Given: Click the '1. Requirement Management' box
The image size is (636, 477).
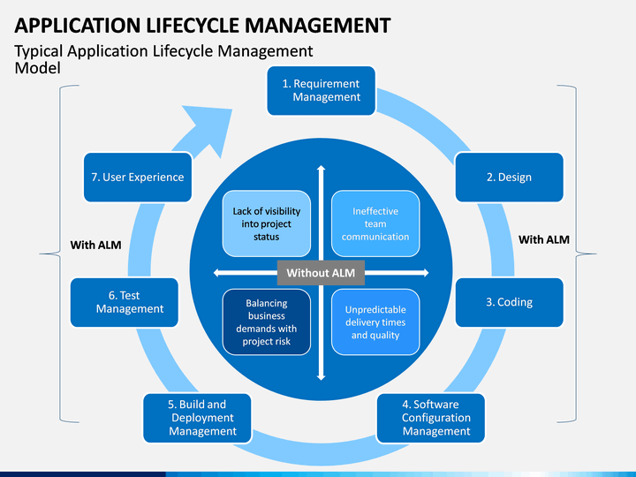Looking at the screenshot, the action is [322, 91].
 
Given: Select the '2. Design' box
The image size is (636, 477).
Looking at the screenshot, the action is [509, 178].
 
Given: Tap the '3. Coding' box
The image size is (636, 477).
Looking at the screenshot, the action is [509, 302].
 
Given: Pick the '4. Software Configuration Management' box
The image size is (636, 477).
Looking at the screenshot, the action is [431, 418].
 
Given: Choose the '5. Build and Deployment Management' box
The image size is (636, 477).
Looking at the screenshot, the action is [197, 418].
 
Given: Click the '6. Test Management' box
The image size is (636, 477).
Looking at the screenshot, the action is [125, 302].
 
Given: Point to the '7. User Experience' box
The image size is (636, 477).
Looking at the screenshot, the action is [138, 178].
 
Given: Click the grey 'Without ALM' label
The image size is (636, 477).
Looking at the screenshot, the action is [321, 273].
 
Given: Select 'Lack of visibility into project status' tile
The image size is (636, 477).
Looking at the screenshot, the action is [267, 223].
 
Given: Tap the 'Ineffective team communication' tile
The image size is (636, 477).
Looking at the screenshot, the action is [375, 223].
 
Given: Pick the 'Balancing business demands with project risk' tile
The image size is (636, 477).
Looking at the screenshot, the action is [267, 322].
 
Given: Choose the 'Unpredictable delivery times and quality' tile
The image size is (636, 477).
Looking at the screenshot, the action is [375, 322].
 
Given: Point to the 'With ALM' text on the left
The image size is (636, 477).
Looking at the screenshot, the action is [95, 245].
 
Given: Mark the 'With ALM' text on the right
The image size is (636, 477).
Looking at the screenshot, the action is [544, 239].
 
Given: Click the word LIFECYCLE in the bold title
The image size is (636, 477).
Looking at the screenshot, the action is [193, 26].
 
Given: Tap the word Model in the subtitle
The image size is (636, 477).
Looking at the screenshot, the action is [37, 68].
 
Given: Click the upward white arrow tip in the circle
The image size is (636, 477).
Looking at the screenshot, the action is [321, 166].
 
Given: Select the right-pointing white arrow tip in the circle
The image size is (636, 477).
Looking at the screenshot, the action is [428, 273].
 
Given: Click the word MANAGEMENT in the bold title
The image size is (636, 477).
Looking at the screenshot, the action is [318, 26].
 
